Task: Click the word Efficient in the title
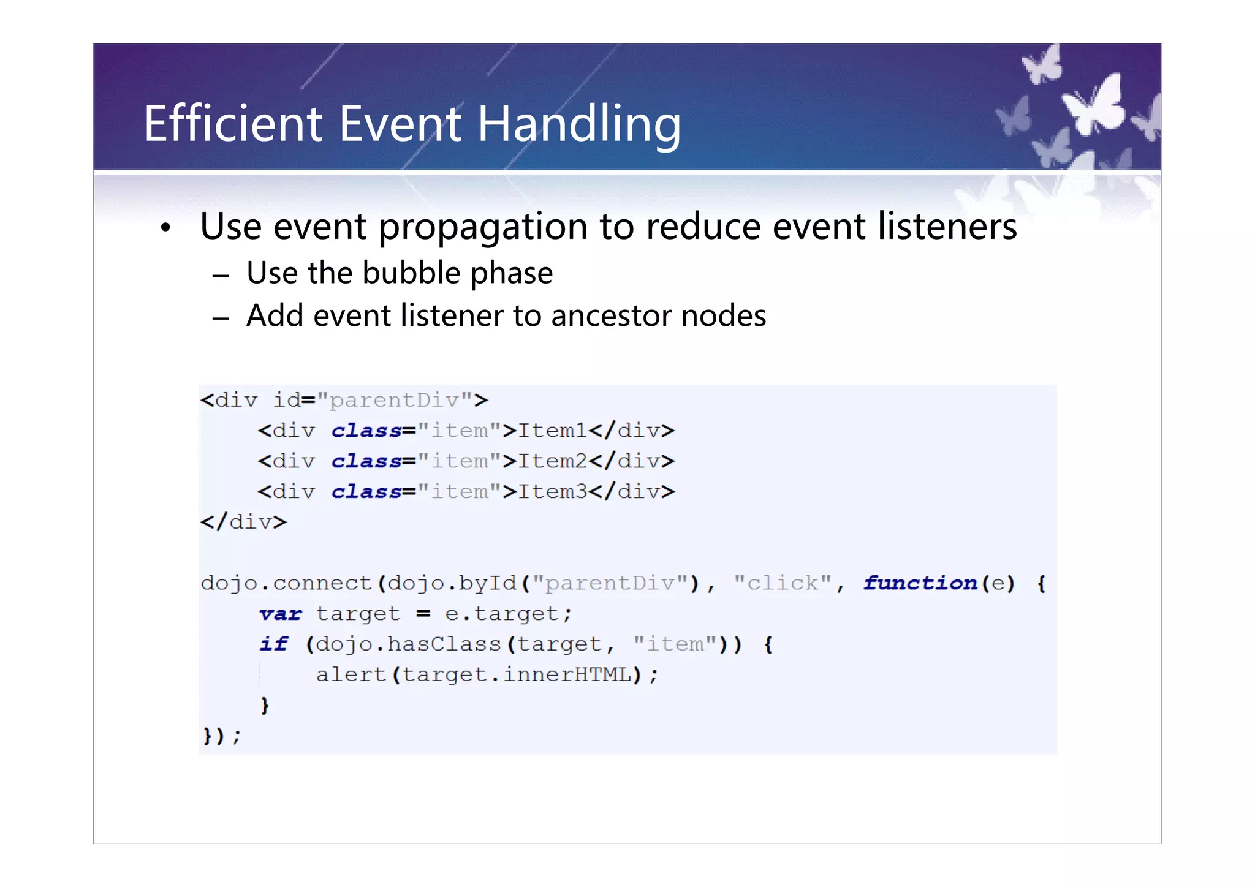click(x=233, y=124)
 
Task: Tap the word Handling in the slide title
click(x=578, y=125)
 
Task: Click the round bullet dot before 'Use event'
click(x=165, y=228)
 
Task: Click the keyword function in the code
click(x=920, y=583)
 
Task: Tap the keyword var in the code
click(x=281, y=614)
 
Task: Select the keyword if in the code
click(x=273, y=644)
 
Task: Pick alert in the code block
click(x=351, y=675)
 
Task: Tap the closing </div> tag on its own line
click(x=243, y=523)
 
